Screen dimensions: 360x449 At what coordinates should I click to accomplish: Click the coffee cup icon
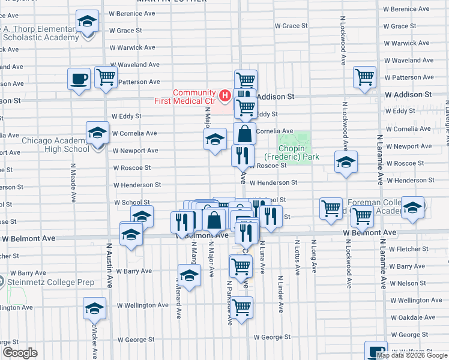(79, 79)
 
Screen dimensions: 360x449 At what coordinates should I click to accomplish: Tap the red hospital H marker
(224, 95)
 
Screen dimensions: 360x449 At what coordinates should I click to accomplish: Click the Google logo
(20, 353)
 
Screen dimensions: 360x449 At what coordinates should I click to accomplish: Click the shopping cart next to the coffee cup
(106, 77)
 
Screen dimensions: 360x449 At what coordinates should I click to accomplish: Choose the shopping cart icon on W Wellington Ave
(241, 308)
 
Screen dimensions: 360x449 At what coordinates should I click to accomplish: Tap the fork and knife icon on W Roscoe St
(243, 156)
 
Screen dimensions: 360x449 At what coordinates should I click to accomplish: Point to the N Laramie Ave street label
(380, 158)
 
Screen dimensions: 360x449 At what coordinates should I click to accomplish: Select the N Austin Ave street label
(109, 265)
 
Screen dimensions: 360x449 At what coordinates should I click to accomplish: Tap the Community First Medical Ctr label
(194, 97)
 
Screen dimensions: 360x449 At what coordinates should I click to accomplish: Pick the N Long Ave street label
(313, 257)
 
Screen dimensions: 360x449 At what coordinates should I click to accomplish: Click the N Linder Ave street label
(280, 294)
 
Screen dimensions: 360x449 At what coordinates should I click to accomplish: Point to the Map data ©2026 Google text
(412, 355)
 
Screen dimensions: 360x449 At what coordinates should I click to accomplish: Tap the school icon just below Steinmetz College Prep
(94, 308)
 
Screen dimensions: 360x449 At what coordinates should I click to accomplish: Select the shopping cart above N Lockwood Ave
(364, 77)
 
